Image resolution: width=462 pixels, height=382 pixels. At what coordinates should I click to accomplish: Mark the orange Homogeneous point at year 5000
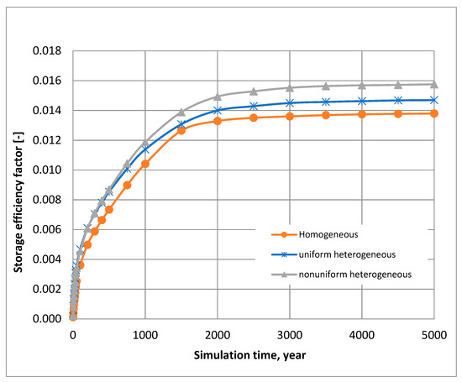(x=434, y=113)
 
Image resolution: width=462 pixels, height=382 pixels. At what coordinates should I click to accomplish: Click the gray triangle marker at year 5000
(x=434, y=84)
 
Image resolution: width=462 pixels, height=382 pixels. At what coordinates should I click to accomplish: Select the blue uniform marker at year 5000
(x=434, y=100)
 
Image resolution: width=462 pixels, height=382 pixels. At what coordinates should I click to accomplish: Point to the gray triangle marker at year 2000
(x=218, y=97)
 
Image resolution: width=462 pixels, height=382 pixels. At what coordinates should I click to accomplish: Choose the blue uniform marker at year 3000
(x=290, y=102)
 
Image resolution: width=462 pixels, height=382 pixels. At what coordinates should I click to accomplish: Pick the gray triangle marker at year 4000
(x=362, y=85)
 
